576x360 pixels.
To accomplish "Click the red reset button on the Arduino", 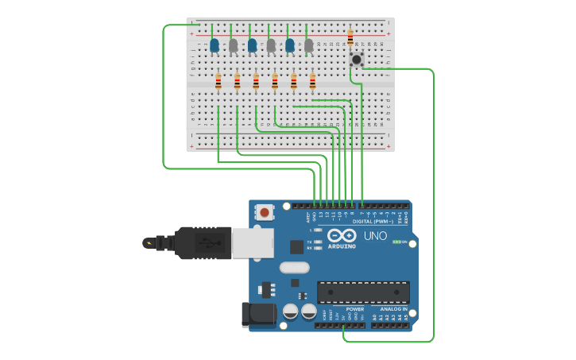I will [x=265, y=212].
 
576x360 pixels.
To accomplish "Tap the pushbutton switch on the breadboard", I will [x=357, y=59].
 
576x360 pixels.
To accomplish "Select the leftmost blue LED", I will [x=215, y=46].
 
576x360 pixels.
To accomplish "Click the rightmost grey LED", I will [x=308, y=46].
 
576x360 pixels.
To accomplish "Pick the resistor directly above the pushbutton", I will [x=350, y=37].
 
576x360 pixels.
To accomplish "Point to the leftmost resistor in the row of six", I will [x=218, y=81].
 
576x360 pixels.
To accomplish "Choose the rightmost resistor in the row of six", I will [x=312, y=81].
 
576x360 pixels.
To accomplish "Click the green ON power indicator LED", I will [x=396, y=242].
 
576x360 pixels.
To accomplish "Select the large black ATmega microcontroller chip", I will [x=363, y=292].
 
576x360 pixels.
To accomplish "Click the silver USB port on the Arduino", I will [x=252, y=243].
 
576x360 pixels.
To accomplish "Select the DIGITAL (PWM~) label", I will [x=373, y=222].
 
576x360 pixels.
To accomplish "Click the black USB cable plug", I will [x=203, y=243].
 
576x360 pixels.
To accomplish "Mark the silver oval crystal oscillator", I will [x=294, y=268].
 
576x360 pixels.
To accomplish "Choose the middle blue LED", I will [x=252, y=46].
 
